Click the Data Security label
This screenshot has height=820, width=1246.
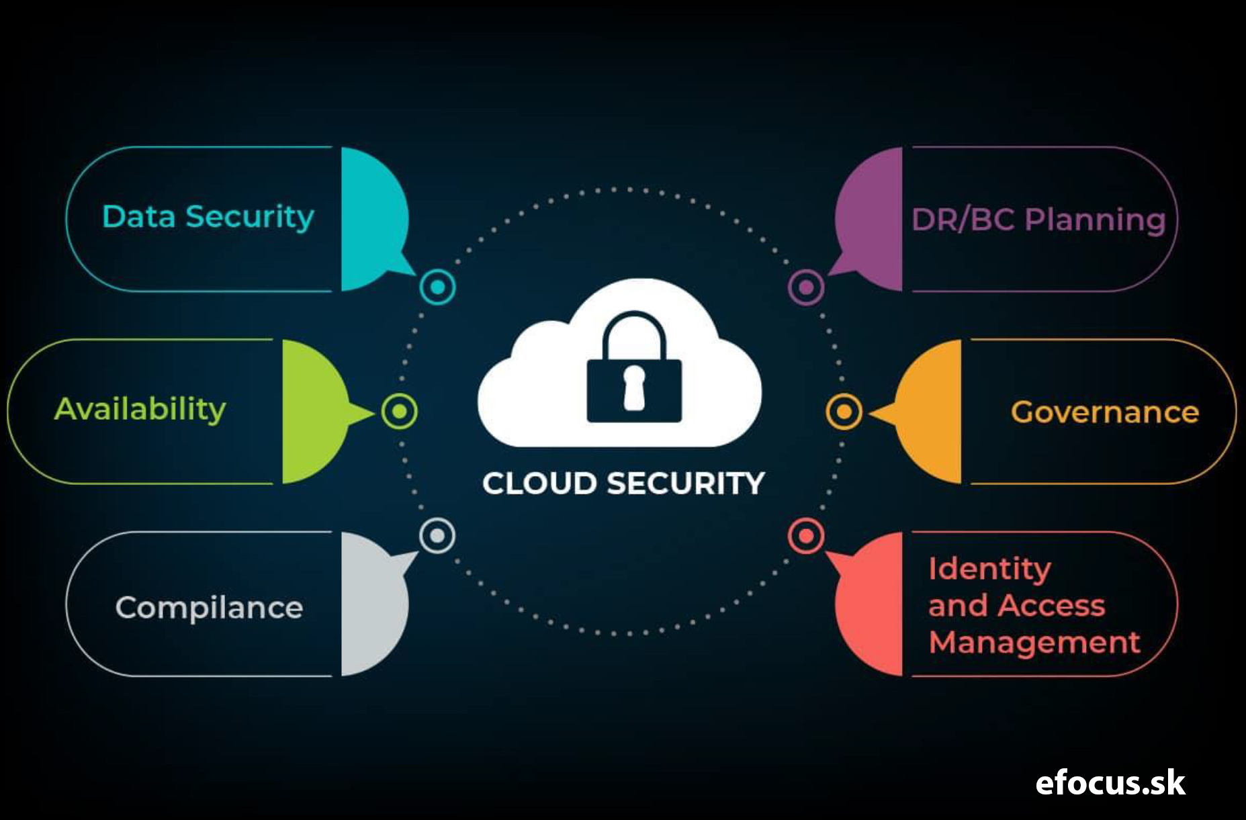click(208, 218)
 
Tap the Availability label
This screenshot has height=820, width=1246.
click(140, 409)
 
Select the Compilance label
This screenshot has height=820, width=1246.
click(210, 608)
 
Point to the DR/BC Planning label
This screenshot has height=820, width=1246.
click(1038, 220)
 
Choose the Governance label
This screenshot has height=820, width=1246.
click(1105, 412)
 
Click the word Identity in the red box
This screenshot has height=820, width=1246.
click(989, 570)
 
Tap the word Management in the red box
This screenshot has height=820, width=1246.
click(1034, 643)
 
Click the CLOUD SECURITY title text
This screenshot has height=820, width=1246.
click(623, 484)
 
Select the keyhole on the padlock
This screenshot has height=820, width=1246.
click(634, 388)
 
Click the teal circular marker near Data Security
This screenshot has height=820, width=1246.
click(437, 287)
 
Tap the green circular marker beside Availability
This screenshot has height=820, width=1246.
click(400, 411)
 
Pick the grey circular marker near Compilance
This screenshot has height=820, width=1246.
click(437, 535)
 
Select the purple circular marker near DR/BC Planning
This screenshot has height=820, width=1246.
click(806, 287)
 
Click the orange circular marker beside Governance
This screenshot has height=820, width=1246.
click(844, 412)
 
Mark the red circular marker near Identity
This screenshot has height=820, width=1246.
click(806, 536)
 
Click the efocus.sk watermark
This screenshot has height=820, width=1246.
click(1110, 783)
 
